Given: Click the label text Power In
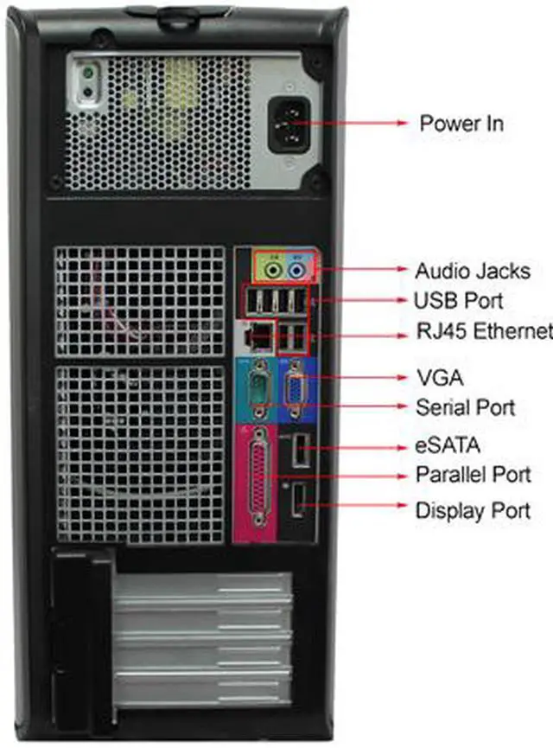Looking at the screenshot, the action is pyautogui.click(x=461, y=123).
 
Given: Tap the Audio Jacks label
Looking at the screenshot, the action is pyautogui.click(x=472, y=271).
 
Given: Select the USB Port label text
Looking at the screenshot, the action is pyautogui.click(x=459, y=301).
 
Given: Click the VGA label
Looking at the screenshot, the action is pyautogui.click(x=439, y=377).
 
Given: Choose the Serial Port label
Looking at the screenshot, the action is pyautogui.click(x=465, y=406).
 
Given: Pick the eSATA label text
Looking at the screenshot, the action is pyautogui.click(x=447, y=445).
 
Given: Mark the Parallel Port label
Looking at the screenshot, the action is pyautogui.click(x=473, y=475).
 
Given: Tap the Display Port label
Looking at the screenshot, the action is pyautogui.click(x=473, y=510).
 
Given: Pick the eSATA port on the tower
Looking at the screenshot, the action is pyautogui.click(x=298, y=450).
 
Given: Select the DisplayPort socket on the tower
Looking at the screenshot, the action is pyautogui.click(x=298, y=502).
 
